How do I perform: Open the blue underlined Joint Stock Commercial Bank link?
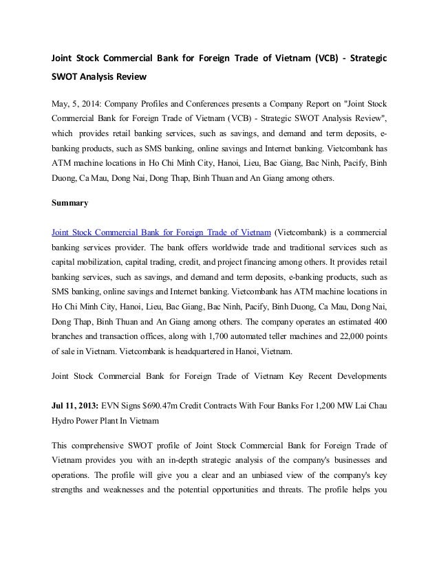(158, 230)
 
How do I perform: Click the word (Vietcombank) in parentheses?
(304, 230)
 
